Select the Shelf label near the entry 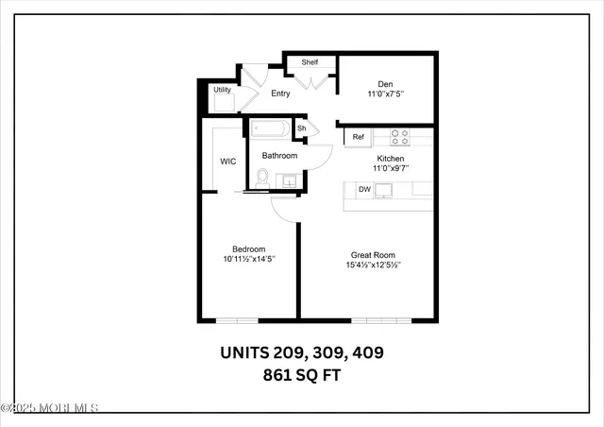[x=310, y=62]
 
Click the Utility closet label [x=222, y=90]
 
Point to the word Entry [x=280, y=94]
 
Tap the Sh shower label [x=302, y=128]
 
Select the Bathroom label [x=279, y=156]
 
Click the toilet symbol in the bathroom [x=262, y=177]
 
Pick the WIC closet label [x=228, y=162]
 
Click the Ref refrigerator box [x=359, y=137]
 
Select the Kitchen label [x=391, y=159]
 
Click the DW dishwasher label [x=363, y=190]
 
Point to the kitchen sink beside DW [x=384, y=190]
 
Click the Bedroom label [x=249, y=248]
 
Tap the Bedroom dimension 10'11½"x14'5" [x=249, y=259]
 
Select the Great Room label [x=373, y=255]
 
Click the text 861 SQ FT [x=302, y=375]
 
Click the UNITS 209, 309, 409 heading [x=302, y=353]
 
